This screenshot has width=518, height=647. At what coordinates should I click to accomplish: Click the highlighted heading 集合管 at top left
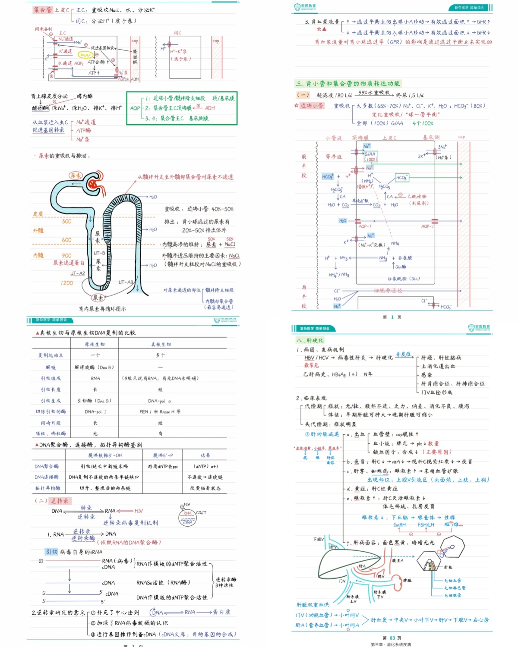(43, 10)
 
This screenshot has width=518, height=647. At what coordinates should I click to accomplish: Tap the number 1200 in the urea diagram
(67, 283)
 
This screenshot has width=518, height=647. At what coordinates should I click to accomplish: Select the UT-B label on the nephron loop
(99, 253)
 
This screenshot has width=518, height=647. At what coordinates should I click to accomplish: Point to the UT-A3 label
(126, 282)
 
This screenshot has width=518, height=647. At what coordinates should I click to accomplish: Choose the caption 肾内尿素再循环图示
(102, 309)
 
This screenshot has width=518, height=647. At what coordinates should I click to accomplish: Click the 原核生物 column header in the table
(95, 345)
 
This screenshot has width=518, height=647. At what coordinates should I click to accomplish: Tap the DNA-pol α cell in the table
(159, 401)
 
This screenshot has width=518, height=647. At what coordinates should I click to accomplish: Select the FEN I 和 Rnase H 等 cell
(160, 412)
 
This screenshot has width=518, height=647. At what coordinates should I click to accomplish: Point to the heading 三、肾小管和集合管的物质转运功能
(347, 84)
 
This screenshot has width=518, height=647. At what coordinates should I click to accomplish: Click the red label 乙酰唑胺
(417, 196)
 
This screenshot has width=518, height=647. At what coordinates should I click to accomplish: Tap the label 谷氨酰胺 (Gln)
(404, 279)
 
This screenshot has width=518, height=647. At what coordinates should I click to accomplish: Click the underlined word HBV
(309, 358)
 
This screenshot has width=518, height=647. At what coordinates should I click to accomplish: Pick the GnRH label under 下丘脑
(399, 525)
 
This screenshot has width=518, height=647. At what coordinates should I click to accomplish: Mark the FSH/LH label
(426, 525)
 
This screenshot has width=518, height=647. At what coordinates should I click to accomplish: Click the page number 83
(392, 638)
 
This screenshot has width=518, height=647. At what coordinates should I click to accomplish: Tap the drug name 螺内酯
(85, 96)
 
